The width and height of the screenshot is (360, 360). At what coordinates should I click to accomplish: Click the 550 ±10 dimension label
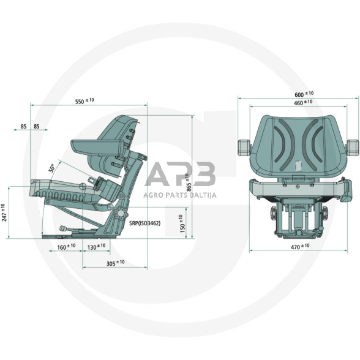(84, 101)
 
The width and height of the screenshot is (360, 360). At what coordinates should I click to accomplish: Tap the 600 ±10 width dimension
(304, 94)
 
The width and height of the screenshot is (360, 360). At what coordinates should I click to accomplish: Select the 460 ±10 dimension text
(303, 102)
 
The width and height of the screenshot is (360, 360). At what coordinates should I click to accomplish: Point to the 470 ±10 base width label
(300, 246)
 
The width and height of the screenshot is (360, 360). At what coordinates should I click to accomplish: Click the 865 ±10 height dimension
(189, 182)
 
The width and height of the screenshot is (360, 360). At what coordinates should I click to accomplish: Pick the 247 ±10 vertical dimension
(4, 212)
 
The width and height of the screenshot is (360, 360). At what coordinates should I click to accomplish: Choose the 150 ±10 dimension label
(182, 223)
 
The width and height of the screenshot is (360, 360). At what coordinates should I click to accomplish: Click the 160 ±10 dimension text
(66, 247)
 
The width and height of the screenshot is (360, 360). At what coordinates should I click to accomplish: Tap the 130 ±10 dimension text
(97, 247)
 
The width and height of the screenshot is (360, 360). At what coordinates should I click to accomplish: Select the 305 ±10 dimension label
(116, 263)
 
